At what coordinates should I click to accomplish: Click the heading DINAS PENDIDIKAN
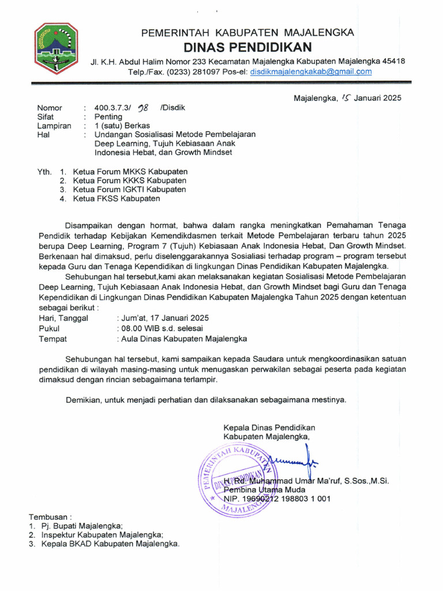[248, 47]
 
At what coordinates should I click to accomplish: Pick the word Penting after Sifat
[108, 117]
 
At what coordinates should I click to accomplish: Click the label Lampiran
[54, 125]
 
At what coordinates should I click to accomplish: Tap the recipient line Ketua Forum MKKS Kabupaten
[130, 171]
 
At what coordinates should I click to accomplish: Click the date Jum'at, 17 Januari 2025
[163, 318]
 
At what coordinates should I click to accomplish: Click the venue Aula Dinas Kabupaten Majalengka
[182, 339]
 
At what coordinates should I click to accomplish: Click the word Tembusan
[50, 517]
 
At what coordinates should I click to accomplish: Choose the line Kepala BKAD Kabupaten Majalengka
[110, 544]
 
